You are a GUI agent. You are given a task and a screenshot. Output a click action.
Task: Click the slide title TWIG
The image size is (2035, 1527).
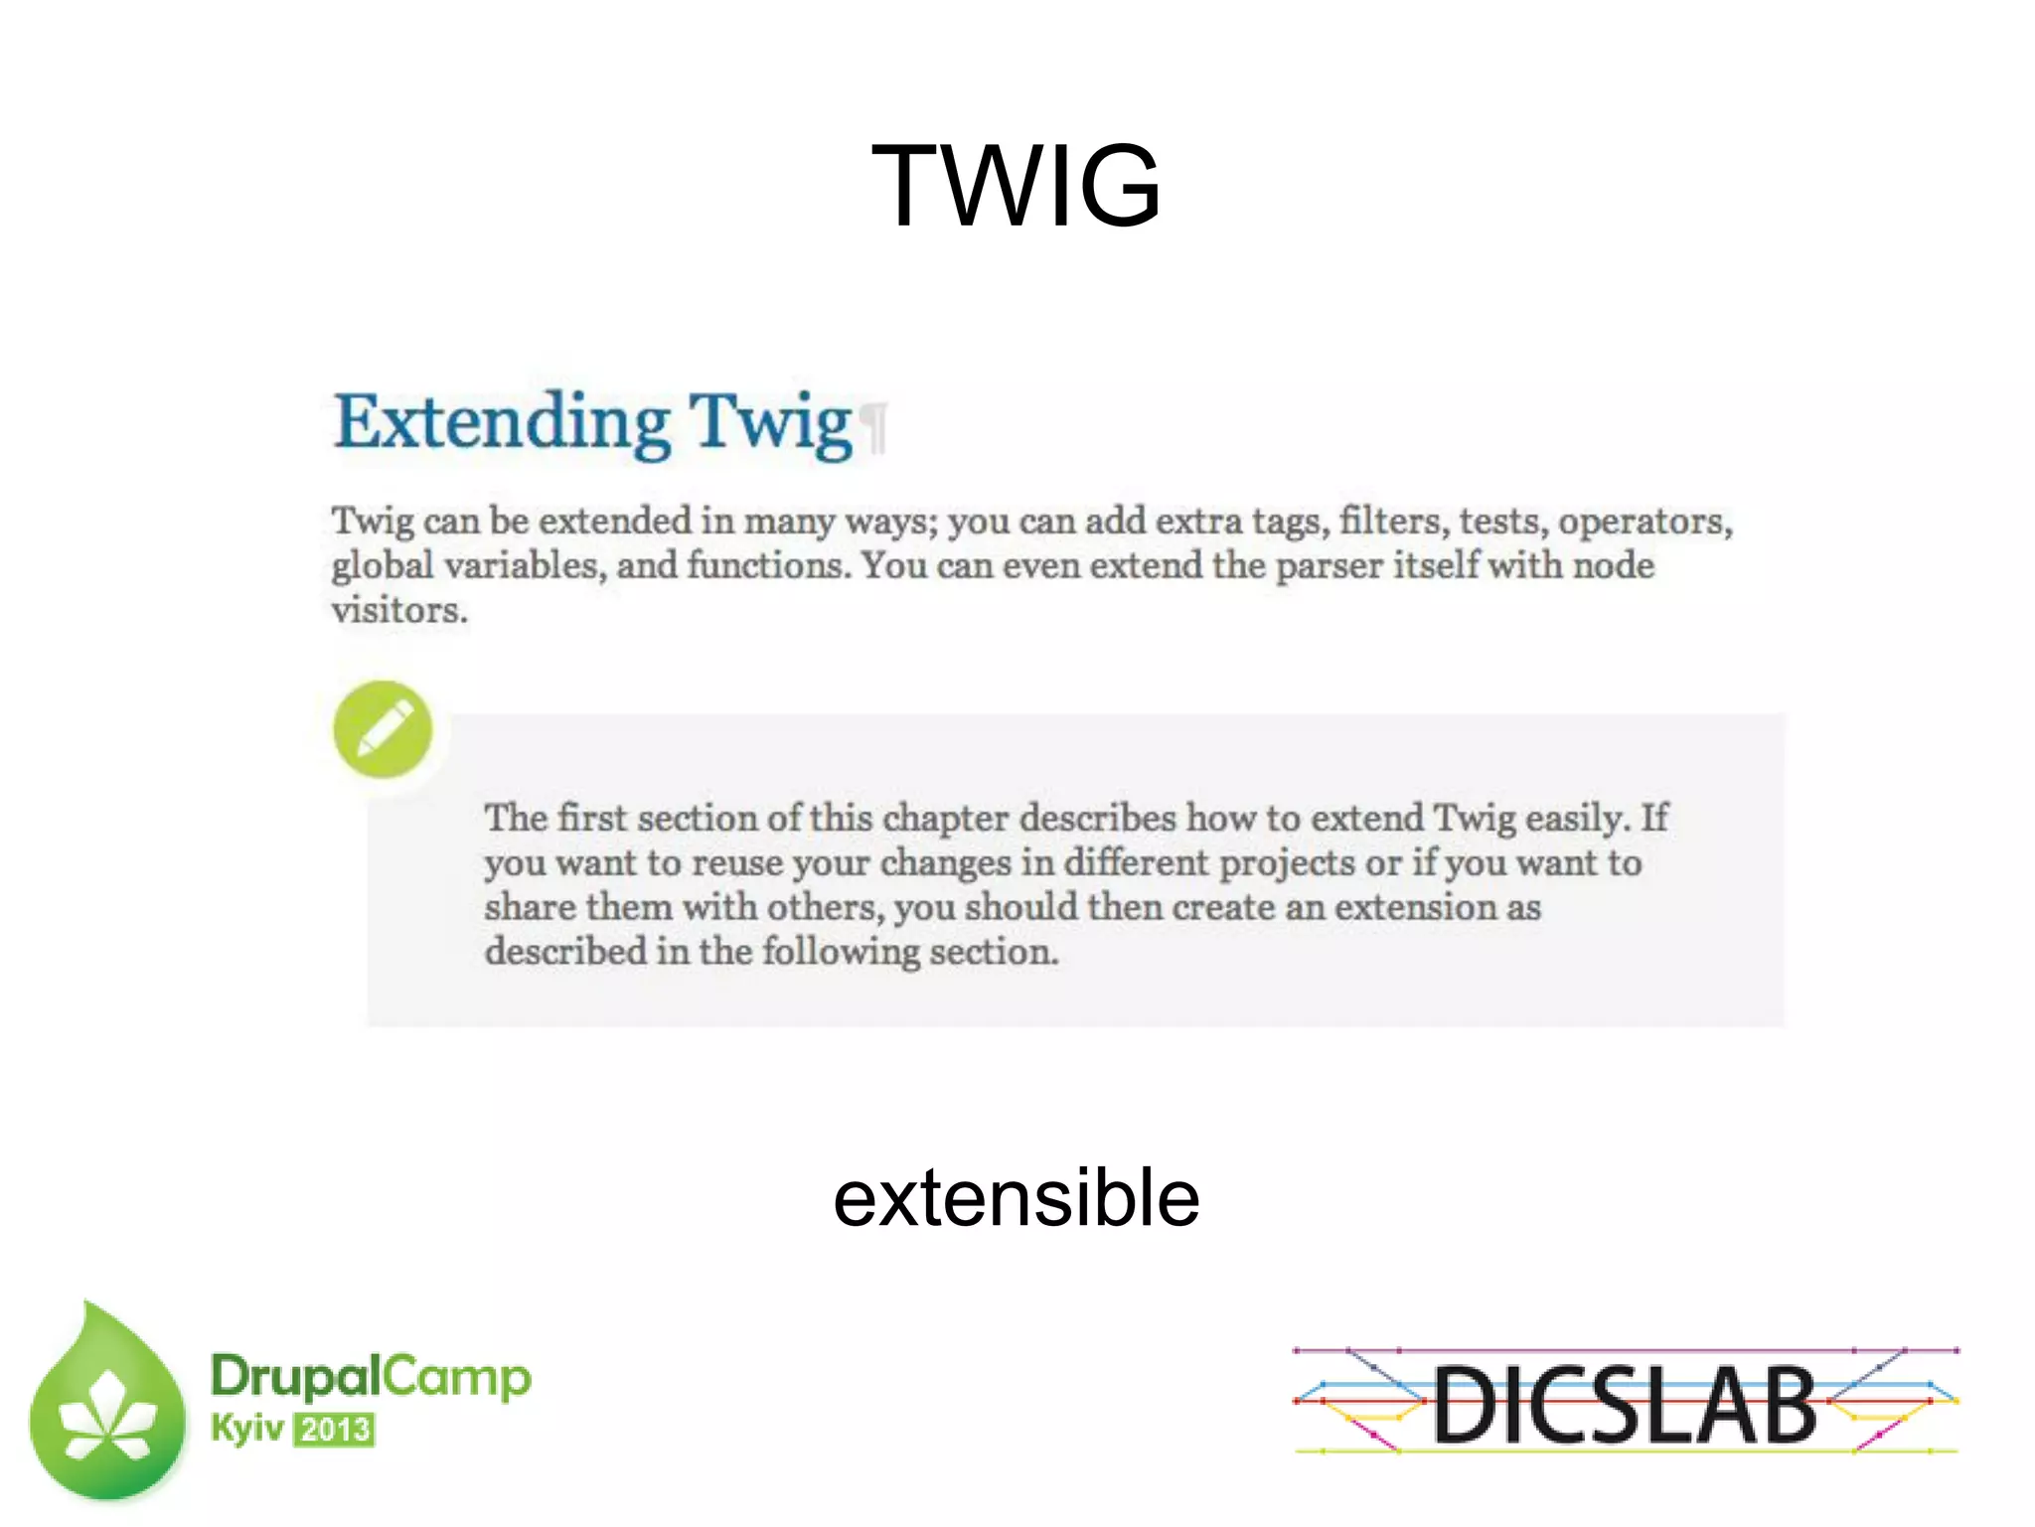point(1016,186)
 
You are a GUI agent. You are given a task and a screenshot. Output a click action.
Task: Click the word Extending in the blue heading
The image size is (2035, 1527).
point(502,422)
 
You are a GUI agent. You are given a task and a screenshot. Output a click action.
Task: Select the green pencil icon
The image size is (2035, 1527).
point(383,729)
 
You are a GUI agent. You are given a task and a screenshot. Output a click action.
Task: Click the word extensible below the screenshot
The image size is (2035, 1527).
point(1016,1198)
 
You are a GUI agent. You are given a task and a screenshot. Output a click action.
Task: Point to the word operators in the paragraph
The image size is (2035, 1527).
point(1644,522)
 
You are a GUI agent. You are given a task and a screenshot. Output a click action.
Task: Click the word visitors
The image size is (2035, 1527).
point(398,610)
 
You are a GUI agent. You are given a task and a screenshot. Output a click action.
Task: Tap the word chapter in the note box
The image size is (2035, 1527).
point(946,818)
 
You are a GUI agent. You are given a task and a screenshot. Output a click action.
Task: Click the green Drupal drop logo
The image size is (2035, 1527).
point(107,1406)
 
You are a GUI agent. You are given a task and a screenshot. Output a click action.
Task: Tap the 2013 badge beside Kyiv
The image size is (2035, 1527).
point(335,1430)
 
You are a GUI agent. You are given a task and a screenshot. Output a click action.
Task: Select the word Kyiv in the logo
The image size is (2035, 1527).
point(246,1429)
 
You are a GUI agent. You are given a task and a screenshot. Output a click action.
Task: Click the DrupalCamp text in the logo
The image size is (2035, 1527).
point(371,1377)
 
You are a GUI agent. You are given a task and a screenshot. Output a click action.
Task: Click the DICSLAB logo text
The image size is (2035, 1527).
point(1625,1405)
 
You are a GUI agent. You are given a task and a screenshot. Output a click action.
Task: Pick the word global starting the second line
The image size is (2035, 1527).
point(383,566)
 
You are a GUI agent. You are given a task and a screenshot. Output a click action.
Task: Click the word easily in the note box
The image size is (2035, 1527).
point(1576,818)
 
